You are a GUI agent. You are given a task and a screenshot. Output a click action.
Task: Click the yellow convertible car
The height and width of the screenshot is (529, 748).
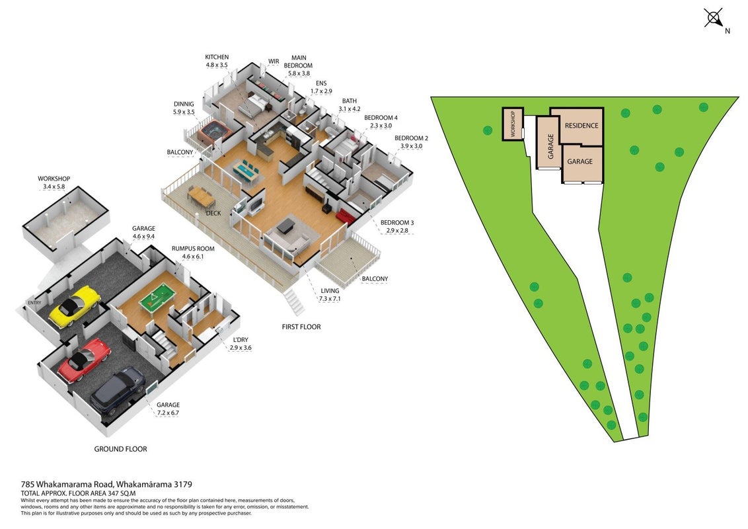75,306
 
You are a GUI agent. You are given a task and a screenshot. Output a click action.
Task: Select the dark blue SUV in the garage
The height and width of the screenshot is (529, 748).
118,390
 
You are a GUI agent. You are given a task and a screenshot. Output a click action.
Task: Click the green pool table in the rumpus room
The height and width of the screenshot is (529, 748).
158,300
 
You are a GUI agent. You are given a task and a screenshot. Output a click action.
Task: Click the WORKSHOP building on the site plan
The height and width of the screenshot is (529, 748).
513,124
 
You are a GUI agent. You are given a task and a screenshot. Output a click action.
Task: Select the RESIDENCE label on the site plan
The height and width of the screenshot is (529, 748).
581,126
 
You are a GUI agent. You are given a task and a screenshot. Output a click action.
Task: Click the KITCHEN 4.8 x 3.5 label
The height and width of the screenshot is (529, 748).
217,61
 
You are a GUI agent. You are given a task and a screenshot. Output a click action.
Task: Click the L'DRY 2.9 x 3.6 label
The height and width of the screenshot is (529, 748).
240,344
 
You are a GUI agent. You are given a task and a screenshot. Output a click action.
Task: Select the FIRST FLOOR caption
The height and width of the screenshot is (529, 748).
301,327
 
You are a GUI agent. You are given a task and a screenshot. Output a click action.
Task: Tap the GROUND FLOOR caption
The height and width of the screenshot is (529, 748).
120,449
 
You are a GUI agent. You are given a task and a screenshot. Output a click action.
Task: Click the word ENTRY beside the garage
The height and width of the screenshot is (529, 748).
34,303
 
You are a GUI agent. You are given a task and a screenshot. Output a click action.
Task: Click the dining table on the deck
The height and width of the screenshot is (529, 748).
200,194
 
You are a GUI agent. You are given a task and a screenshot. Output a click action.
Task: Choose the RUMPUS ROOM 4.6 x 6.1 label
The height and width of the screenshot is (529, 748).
193,253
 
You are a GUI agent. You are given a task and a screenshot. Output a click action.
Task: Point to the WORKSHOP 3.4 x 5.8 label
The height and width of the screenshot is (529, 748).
54,183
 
